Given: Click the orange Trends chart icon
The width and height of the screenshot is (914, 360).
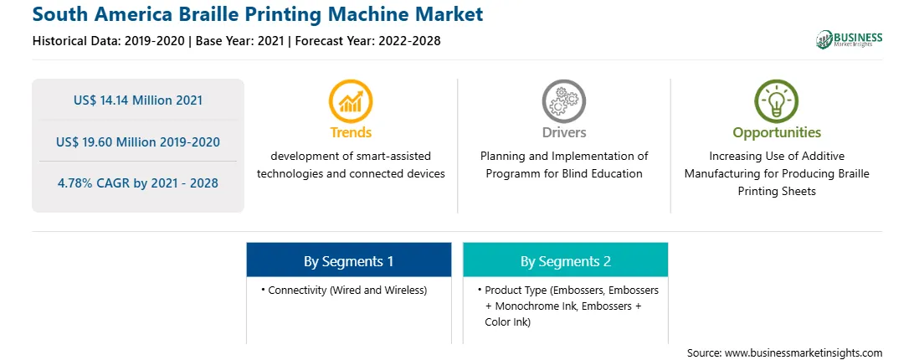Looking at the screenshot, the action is (351, 101).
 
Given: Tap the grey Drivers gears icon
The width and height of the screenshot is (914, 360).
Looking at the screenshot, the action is (563, 101).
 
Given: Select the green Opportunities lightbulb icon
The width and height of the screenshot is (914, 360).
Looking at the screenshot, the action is (777, 101).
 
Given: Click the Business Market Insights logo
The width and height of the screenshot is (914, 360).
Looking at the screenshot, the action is (850, 39).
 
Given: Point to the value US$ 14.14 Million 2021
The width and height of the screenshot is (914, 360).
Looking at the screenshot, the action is (138, 100).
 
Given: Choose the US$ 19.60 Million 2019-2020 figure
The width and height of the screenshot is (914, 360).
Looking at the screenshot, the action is (138, 141).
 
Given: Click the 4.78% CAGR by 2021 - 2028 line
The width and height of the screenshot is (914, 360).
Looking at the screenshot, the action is (138, 183).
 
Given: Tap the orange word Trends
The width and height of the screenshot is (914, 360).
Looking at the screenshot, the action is (351, 132).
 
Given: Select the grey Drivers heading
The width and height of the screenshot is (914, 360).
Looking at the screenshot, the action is (563, 132).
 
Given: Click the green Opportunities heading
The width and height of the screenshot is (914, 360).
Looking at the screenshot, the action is (777, 132).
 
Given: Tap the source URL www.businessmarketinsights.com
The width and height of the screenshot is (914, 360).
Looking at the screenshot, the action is (804, 352).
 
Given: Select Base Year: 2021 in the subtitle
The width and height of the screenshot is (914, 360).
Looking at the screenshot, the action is (239, 41).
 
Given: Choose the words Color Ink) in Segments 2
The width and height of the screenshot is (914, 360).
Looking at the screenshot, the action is (508, 321).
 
